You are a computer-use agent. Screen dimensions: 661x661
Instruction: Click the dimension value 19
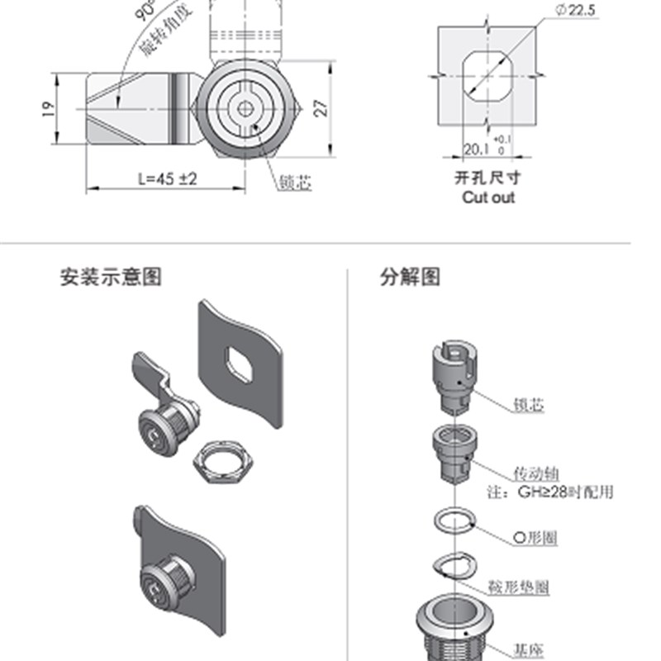click(x=47, y=109)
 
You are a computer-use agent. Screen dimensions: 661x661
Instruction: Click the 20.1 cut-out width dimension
click(x=476, y=150)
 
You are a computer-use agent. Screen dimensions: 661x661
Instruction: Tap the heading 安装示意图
click(x=111, y=277)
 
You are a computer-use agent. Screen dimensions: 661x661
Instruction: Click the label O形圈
click(x=535, y=539)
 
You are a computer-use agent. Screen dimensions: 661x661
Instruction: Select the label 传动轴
click(x=536, y=473)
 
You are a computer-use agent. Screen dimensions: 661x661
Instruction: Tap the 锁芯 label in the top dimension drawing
click(x=296, y=183)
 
